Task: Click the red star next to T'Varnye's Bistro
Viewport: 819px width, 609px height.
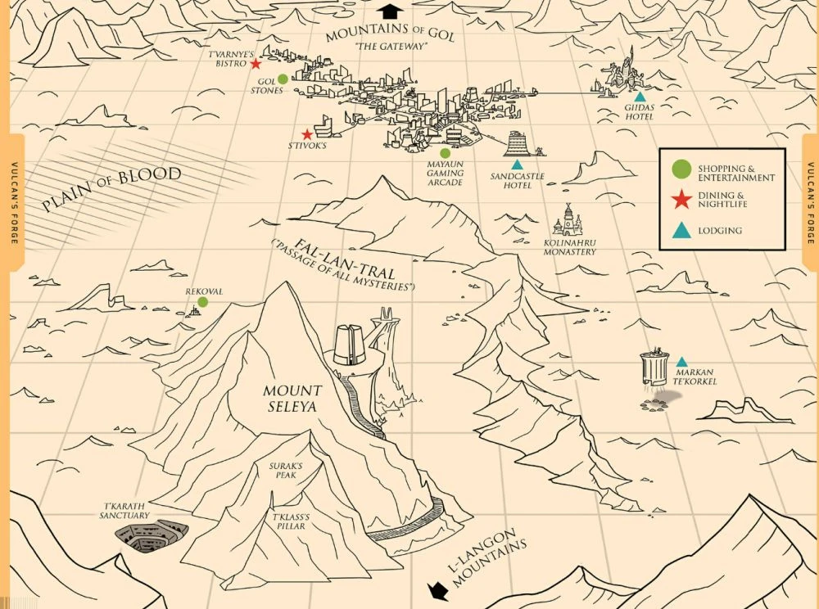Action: pyautogui.click(x=256, y=63)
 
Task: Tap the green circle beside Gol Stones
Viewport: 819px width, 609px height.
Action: pyautogui.click(x=283, y=79)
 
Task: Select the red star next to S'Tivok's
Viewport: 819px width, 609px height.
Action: pyautogui.click(x=307, y=134)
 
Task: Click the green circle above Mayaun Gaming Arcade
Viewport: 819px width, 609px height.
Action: pyautogui.click(x=446, y=153)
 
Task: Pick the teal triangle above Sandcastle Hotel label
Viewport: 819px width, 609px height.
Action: pyautogui.click(x=517, y=165)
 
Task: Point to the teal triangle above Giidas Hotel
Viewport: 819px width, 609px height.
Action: pyautogui.click(x=640, y=97)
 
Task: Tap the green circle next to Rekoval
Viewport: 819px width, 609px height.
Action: pyautogui.click(x=202, y=302)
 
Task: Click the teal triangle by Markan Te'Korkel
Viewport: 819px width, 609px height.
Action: pyautogui.click(x=681, y=362)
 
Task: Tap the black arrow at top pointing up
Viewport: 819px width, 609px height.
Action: pyautogui.click(x=391, y=10)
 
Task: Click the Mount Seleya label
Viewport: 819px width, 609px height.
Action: pyautogui.click(x=292, y=398)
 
